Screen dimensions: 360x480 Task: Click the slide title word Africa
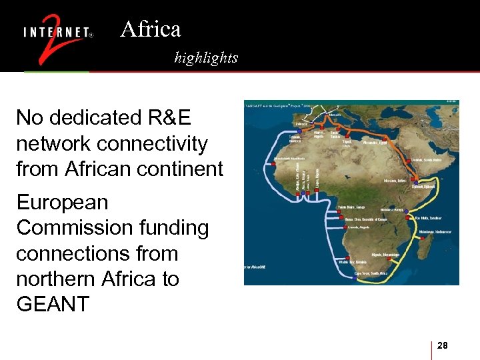pos(151,29)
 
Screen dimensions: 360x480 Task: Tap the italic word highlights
pos(206,58)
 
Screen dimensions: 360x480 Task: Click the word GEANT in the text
pos(53,304)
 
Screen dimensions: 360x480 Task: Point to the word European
pos(62,202)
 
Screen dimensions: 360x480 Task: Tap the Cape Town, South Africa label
pos(370,273)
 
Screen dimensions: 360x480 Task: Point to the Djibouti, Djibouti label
pos(423,186)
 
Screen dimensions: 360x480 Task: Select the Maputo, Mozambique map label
pos(385,255)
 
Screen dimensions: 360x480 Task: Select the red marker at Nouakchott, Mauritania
pos(275,159)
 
